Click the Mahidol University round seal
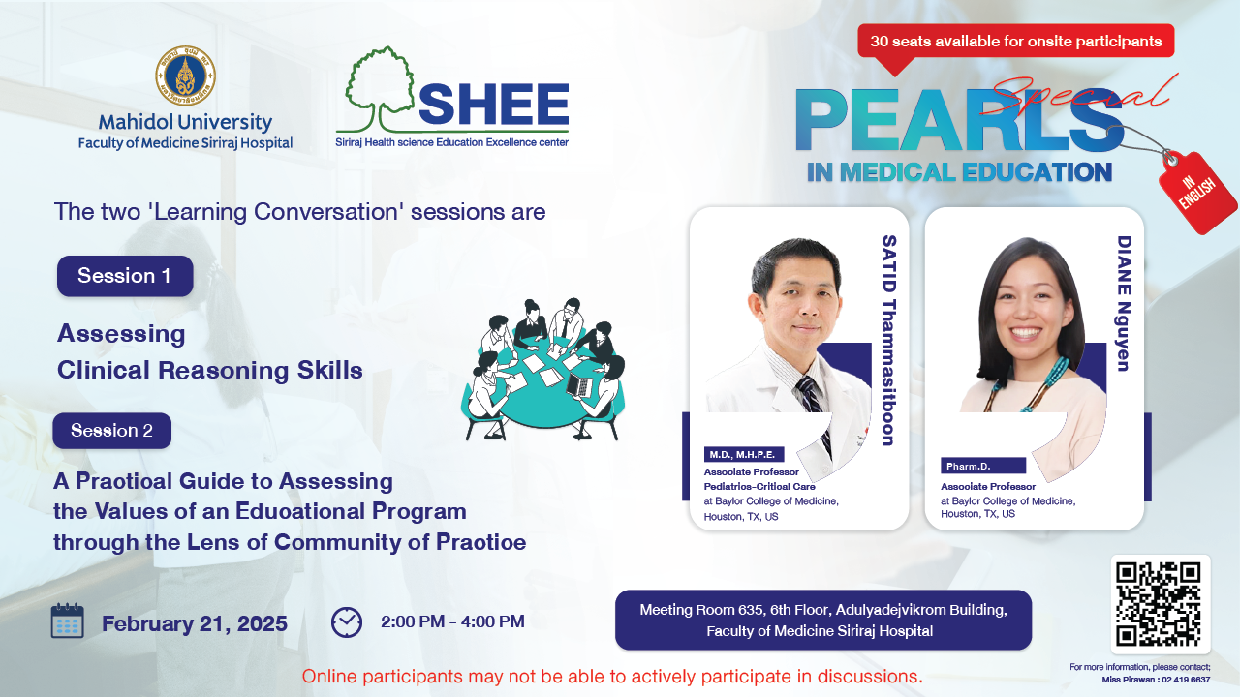(185, 76)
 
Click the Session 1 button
(125, 276)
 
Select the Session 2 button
(111, 431)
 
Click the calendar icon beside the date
(68, 621)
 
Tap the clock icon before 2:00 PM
(347, 622)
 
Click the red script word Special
(1076, 95)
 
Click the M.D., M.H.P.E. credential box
(743, 454)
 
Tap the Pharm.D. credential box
(983, 466)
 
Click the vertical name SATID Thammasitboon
(888, 340)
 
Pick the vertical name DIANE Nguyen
(1124, 303)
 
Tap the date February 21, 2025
(195, 623)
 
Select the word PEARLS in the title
(959, 120)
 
